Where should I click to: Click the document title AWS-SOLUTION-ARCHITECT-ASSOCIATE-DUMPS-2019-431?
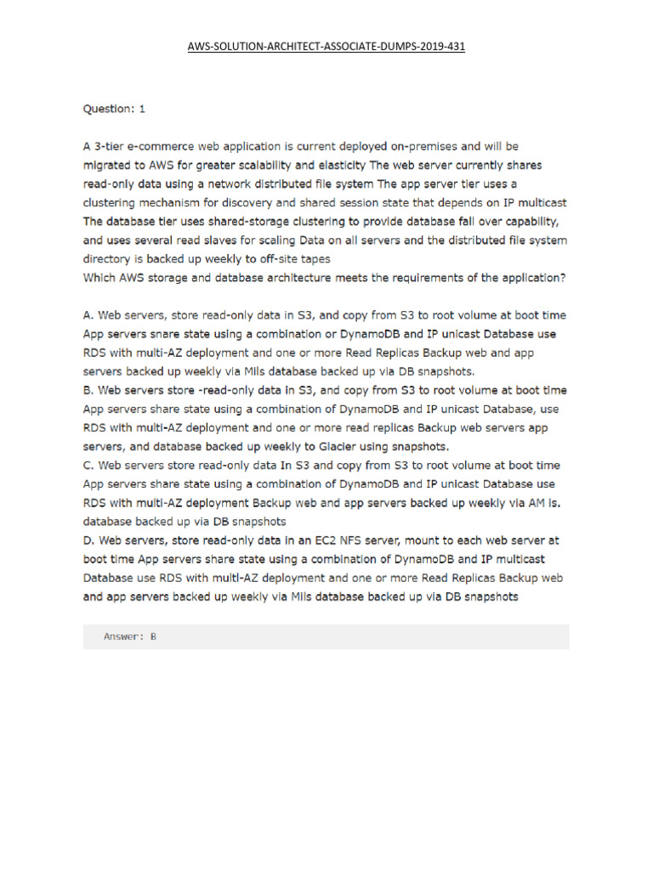326,47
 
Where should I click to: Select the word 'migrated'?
110,165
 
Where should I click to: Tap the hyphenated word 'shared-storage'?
242,221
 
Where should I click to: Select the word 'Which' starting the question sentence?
100,277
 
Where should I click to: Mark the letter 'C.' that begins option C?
88,465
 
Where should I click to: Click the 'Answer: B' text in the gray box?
129,636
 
